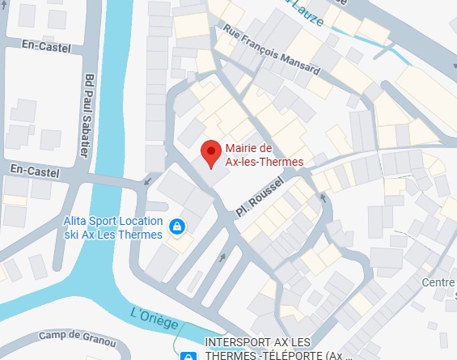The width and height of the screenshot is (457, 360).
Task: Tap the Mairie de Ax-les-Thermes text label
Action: click(x=264, y=155)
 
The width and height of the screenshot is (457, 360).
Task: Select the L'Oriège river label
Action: click(x=154, y=318)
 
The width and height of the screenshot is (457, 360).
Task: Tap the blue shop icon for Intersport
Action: click(x=187, y=354)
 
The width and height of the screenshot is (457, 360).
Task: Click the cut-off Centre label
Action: click(x=438, y=282)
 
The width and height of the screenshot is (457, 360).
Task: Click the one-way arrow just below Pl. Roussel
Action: click(x=223, y=257)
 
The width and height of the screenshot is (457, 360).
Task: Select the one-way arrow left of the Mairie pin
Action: click(x=146, y=181)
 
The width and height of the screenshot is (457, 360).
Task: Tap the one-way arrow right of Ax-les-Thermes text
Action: click(x=323, y=196)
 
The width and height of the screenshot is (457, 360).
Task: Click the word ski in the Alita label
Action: click(x=74, y=235)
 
